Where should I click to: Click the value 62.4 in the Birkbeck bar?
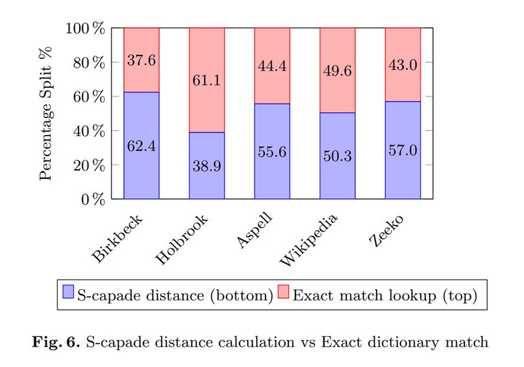point(141,145)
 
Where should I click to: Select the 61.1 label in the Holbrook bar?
point(207,80)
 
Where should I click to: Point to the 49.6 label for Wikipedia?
point(338,71)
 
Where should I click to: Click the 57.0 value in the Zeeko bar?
point(402,150)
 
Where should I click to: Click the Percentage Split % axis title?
point(47,113)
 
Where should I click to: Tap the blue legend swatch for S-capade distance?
point(68,294)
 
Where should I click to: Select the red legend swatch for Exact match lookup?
point(284,294)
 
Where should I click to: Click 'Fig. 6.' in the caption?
point(56,342)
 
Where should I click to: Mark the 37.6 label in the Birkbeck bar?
point(141,61)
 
